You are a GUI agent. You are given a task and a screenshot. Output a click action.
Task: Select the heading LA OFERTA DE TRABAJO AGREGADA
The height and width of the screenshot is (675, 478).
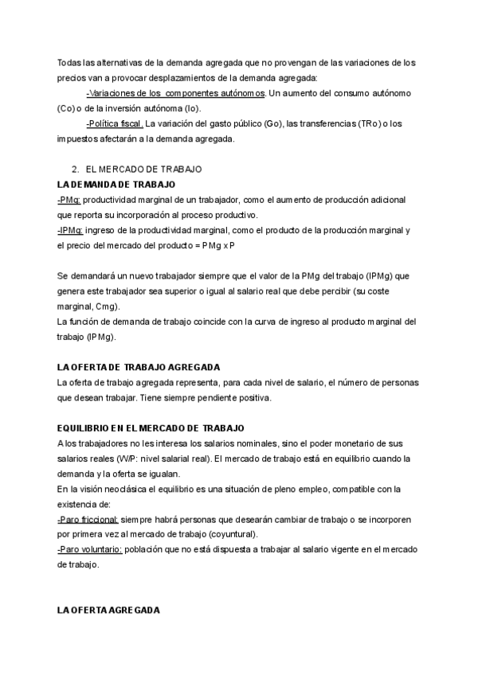click(x=139, y=367)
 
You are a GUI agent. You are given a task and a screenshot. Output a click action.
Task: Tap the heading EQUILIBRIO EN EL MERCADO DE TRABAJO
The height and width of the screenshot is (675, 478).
click(x=151, y=427)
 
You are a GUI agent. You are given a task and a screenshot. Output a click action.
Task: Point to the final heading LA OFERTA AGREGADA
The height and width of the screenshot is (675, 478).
click(x=108, y=610)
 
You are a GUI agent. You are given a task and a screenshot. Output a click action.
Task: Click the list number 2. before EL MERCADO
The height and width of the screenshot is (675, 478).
click(x=75, y=170)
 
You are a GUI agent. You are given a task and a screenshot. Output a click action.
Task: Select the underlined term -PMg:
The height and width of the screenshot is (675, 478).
click(x=69, y=200)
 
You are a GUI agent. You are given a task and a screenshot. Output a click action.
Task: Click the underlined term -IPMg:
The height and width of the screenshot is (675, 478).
click(x=71, y=230)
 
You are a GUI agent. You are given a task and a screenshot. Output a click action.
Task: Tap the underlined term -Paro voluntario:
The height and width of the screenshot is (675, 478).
click(x=89, y=549)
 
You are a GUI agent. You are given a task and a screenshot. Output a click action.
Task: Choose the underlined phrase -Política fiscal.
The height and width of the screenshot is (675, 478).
click(x=115, y=123)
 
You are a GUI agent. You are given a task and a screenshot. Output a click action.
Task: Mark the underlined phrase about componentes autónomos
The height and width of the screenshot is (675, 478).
click(x=175, y=93)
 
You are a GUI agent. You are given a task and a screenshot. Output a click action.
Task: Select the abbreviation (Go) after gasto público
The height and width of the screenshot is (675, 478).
click(x=272, y=123)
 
